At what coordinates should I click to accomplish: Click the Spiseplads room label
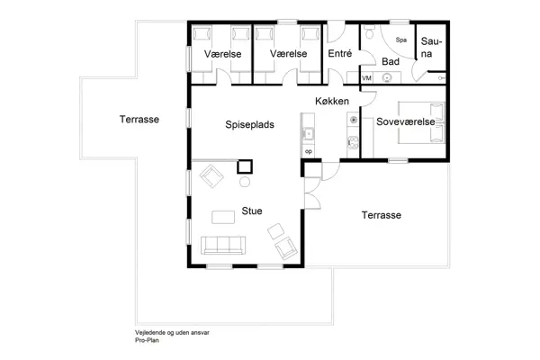249,125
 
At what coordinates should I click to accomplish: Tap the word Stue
251,211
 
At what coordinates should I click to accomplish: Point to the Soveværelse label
405,121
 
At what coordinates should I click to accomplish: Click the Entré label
339,54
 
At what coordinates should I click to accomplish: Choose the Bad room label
390,61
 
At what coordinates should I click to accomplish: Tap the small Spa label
401,40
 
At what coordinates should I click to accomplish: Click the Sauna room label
432,48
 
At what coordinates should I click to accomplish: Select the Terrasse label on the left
139,119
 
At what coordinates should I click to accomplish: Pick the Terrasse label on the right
381,215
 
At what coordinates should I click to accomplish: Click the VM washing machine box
366,79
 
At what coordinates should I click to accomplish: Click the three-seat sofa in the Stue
222,244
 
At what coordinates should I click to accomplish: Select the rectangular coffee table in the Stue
224,216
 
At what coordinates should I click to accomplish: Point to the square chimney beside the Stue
243,166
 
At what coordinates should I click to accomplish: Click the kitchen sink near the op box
309,136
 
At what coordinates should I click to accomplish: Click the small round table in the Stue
243,183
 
